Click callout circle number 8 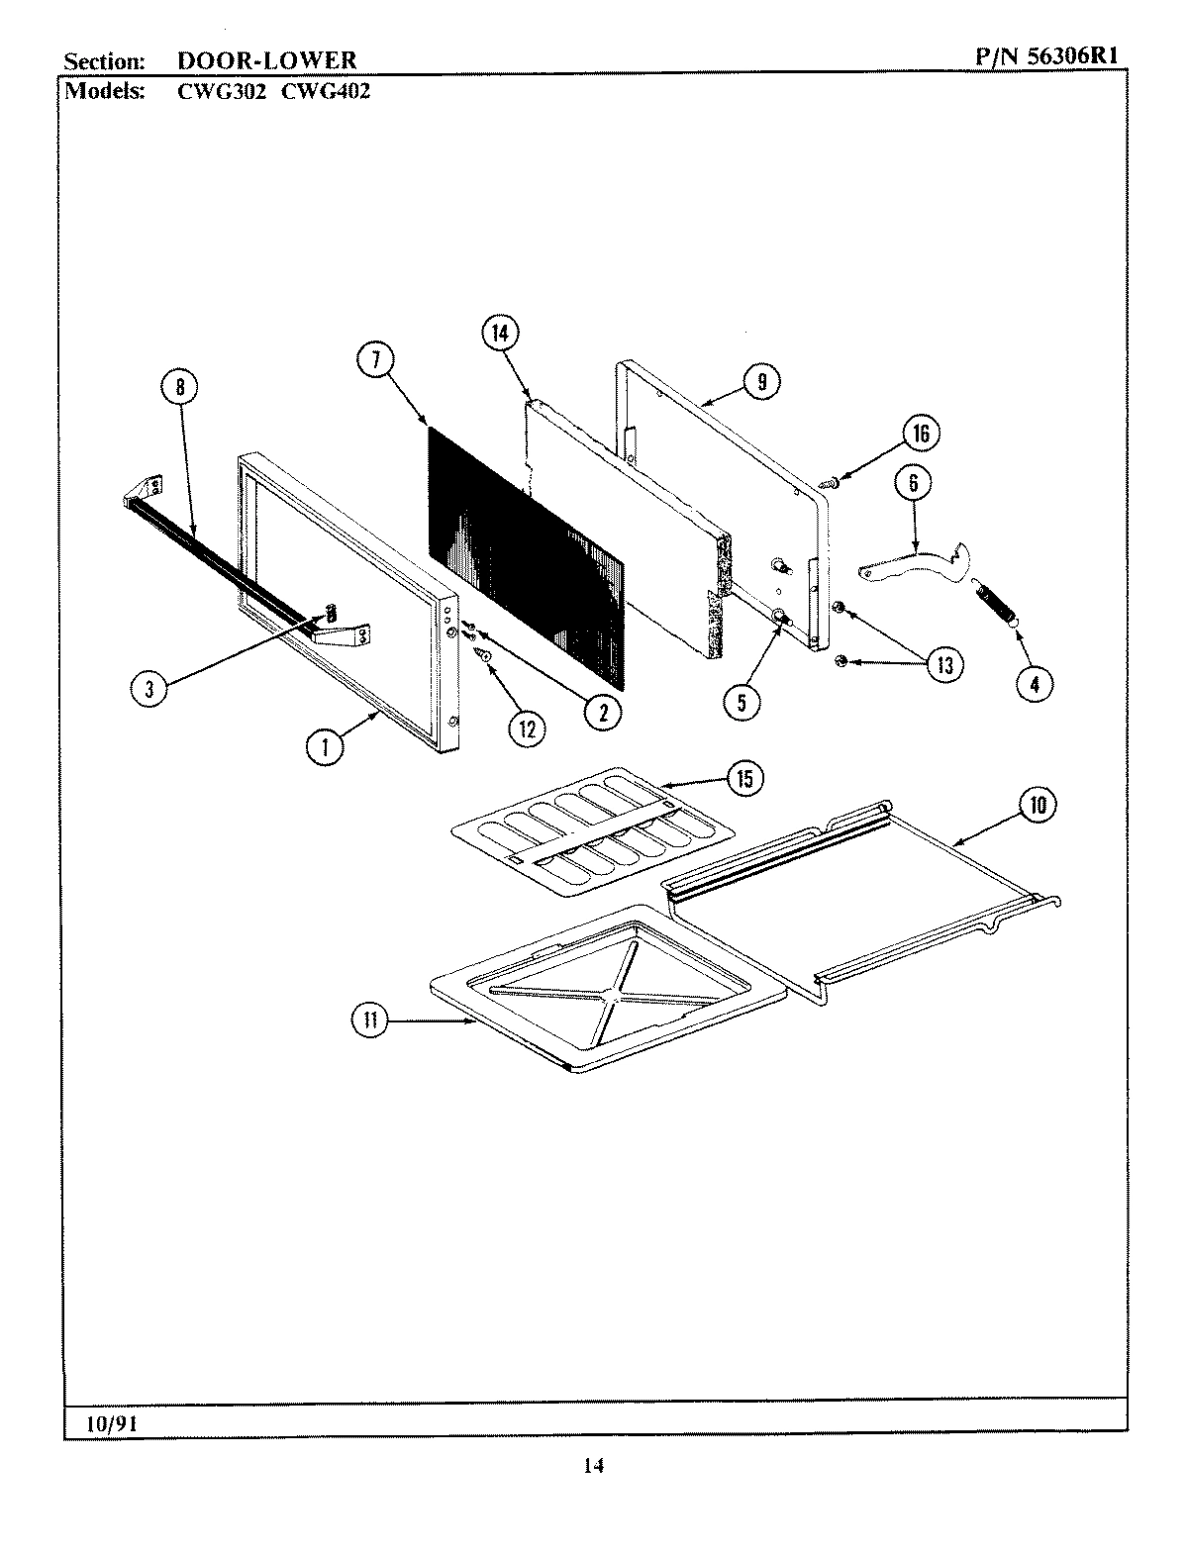[180, 388]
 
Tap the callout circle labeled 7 [376, 361]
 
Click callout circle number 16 [921, 433]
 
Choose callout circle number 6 [913, 483]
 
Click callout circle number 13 [944, 664]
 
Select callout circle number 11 [370, 1020]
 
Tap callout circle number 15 [743, 779]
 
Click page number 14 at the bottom [592, 1467]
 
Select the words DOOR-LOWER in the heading [265, 61]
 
